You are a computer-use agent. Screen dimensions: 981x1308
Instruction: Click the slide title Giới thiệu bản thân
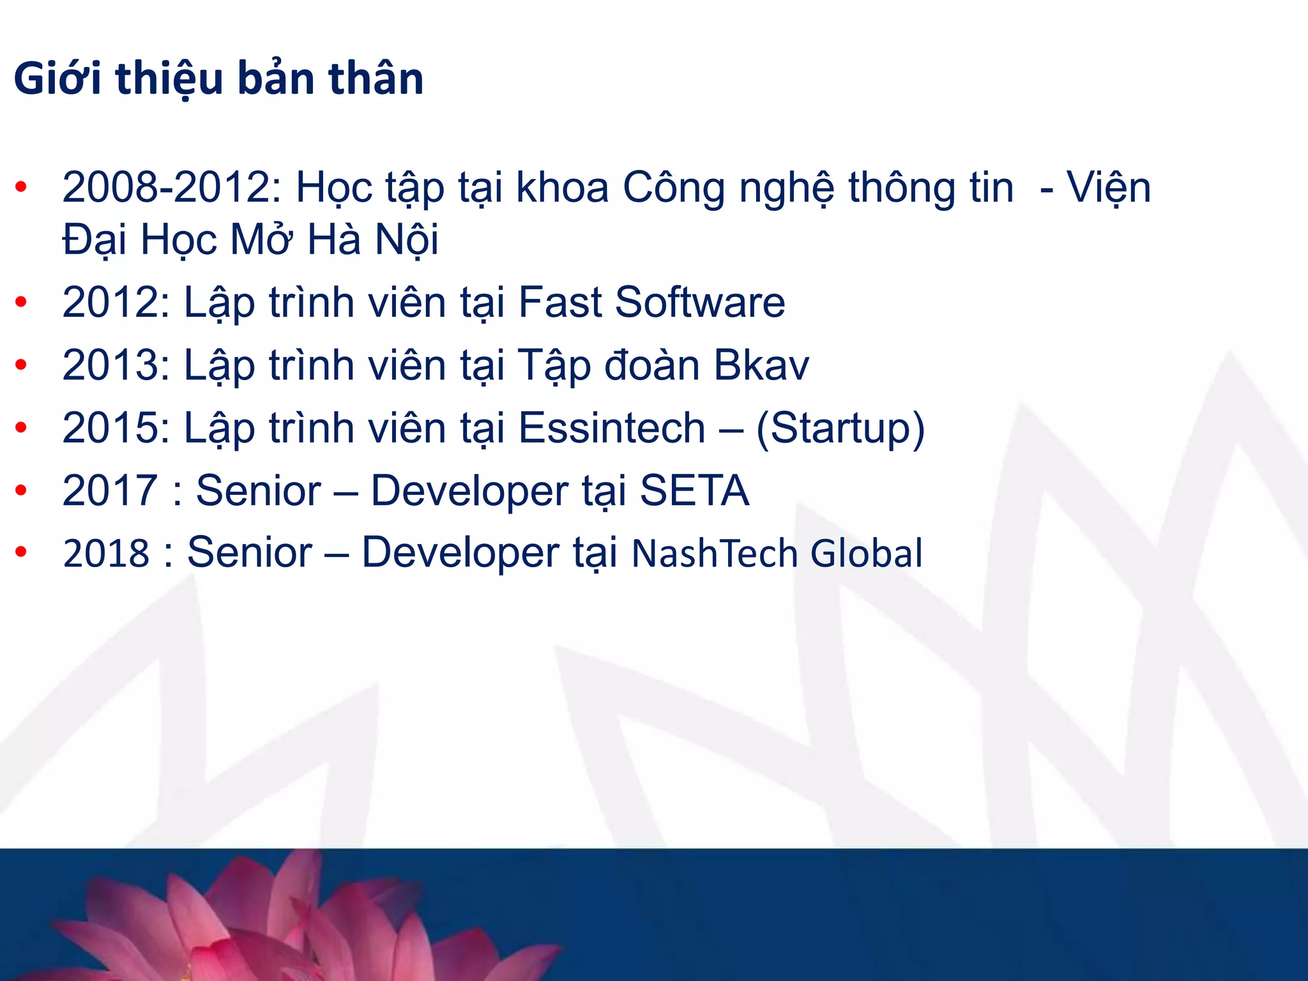click(218, 79)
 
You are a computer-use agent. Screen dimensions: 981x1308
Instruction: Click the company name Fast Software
click(651, 302)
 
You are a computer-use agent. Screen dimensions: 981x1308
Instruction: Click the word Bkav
click(761, 365)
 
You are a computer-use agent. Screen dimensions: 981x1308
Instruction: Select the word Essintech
click(611, 428)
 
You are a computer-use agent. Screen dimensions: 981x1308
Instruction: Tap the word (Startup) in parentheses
click(840, 428)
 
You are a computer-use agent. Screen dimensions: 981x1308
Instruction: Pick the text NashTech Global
click(777, 553)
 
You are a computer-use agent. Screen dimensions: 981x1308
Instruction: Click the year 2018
click(106, 553)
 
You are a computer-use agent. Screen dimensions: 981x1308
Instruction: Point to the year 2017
click(110, 490)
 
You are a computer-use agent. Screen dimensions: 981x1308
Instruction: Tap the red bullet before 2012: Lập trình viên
click(21, 302)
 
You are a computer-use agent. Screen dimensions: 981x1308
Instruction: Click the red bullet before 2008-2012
click(21, 188)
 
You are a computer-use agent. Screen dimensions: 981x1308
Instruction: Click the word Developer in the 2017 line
click(469, 490)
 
